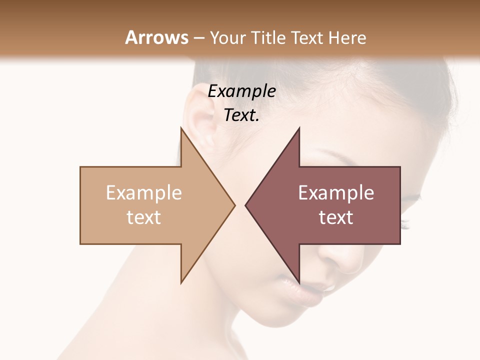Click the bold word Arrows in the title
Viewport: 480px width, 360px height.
click(x=156, y=37)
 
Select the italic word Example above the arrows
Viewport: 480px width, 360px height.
click(x=242, y=91)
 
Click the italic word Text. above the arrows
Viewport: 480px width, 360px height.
click(x=242, y=115)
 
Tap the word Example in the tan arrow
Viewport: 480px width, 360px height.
click(x=144, y=193)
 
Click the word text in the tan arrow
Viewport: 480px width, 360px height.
click(x=144, y=217)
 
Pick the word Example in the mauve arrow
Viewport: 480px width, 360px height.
click(x=336, y=193)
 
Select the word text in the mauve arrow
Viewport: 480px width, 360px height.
click(x=336, y=217)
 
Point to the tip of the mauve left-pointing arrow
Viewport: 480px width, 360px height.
click(x=246, y=205)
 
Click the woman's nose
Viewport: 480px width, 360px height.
click(x=327, y=257)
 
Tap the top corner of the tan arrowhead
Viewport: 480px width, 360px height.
click(x=181, y=128)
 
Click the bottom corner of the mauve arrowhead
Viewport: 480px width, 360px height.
click(x=299, y=283)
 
